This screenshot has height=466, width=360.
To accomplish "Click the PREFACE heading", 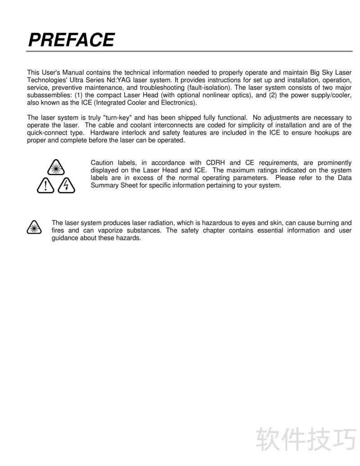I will pos(71,40).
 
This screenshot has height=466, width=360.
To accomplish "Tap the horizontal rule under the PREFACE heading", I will pos(189,51).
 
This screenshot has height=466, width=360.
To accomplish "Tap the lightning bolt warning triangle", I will pos(66,185).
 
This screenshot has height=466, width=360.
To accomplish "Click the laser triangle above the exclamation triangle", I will pos(56,167).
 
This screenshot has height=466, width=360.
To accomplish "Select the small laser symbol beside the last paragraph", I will pos(33,227).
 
